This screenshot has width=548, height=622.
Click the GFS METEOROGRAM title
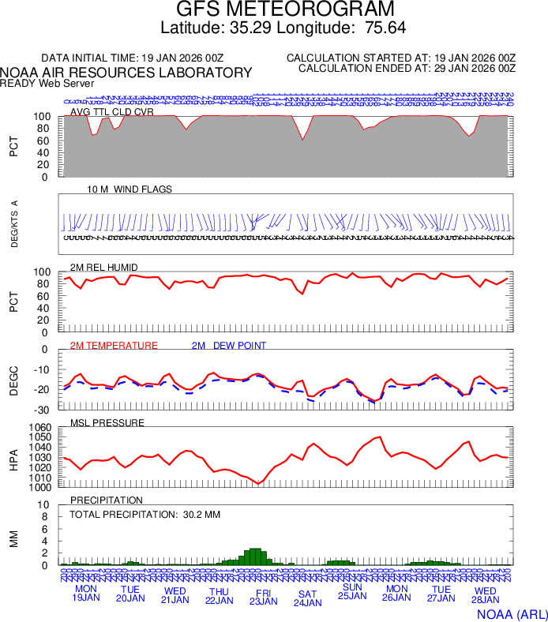click(x=284, y=10)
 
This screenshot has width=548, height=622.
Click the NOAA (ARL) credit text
click(x=512, y=613)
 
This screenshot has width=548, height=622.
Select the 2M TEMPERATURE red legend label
click(x=114, y=346)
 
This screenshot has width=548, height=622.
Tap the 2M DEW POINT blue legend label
click(x=228, y=346)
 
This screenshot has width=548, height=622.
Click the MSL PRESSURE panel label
click(x=107, y=423)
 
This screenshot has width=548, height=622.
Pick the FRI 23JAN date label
click(x=263, y=595)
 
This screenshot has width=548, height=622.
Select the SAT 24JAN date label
click(x=307, y=598)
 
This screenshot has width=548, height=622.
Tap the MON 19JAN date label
click(x=86, y=594)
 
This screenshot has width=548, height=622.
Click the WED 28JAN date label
click(x=485, y=594)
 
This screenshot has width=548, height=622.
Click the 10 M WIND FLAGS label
click(x=129, y=189)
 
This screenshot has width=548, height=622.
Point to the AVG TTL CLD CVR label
click(x=111, y=112)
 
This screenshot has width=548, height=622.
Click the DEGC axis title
click(x=13, y=379)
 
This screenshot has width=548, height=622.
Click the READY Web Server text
click(x=47, y=83)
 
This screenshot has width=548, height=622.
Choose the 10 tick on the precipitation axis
click(x=45, y=505)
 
